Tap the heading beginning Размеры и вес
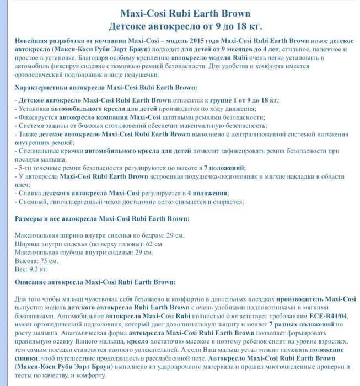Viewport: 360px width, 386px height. (x=102, y=219)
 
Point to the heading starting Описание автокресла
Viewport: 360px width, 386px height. (x=95, y=282)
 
